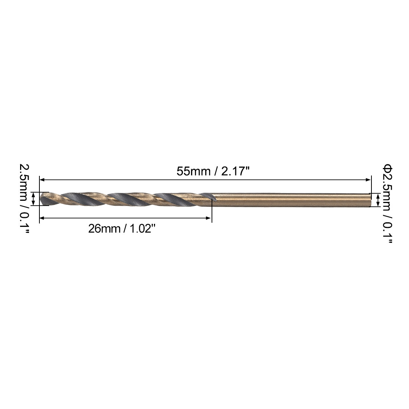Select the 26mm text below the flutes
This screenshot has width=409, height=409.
(x=104, y=229)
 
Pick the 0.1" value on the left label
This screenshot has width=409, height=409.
(x=24, y=223)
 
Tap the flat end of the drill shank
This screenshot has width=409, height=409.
(x=370, y=200)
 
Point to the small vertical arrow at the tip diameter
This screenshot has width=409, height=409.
(x=34, y=199)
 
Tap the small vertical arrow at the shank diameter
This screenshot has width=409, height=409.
(x=378, y=200)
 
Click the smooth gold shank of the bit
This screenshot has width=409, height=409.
(x=290, y=200)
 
